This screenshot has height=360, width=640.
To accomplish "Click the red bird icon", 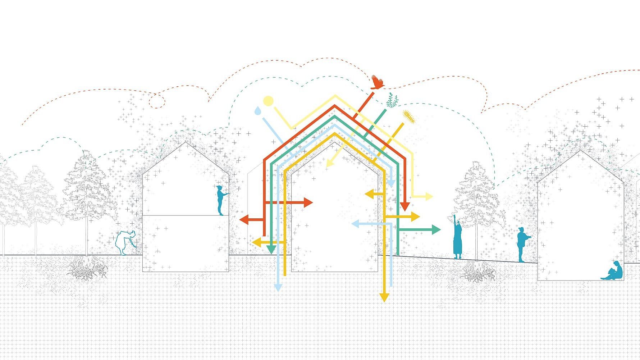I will click(377, 82).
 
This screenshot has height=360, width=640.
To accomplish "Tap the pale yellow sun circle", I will click(268, 101).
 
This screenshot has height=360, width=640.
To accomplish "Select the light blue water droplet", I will click(257, 111).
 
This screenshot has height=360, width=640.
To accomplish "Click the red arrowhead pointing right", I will click(308, 202).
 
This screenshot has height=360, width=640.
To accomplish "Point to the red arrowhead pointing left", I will click(244, 219).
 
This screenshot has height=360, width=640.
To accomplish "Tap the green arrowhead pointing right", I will click(436, 229).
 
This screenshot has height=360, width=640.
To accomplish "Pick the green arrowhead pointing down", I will click(271, 249).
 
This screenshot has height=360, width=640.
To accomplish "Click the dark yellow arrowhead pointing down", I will click(384, 297).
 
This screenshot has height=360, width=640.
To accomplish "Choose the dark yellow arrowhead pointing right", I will click(415, 217).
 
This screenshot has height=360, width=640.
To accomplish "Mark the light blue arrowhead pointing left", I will click(355, 224).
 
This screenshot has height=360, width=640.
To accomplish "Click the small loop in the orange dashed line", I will click(157, 101).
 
